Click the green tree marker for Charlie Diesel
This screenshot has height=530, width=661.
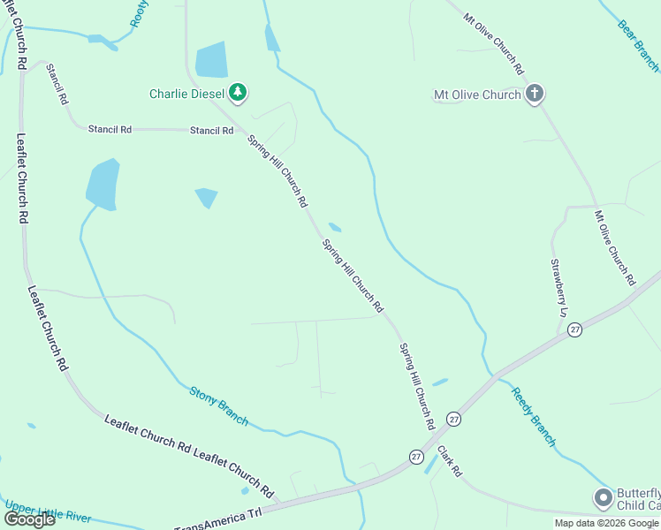click(x=237, y=92)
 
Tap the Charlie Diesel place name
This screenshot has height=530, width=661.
click(x=187, y=93)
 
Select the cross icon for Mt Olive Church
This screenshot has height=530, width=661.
click(x=534, y=94)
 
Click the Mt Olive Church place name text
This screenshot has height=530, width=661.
click(x=476, y=95)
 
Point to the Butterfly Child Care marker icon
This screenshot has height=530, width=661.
click(x=604, y=498)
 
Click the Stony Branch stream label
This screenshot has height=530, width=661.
click(x=218, y=405)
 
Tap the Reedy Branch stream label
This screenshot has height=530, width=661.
click(x=534, y=415)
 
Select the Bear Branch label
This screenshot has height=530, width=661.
click(x=638, y=44)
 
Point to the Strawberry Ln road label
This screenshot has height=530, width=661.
click(x=558, y=288)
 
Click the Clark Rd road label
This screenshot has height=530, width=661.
click(x=449, y=461)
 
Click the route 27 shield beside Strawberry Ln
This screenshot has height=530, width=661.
click(x=575, y=329)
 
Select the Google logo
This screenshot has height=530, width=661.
click(x=28, y=519)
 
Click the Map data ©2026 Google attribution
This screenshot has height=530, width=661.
click(x=606, y=523)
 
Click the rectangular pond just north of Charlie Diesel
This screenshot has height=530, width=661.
click(x=211, y=60)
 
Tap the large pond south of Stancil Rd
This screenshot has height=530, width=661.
click(x=103, y=185)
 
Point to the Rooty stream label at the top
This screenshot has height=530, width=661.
click(x=139, y=13)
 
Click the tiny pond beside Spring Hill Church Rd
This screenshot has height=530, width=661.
click(x=335, y=227)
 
